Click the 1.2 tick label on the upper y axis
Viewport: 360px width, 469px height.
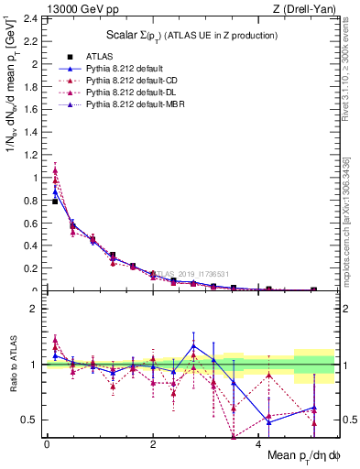[x=33, y=155]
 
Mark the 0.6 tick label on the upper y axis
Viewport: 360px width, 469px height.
[x=33, y=224]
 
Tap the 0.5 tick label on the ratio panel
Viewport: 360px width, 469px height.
[x=33, y=420]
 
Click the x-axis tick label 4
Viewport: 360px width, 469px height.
[x=259, y=443]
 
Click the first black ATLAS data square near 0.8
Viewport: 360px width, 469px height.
[x=55, y=201]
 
